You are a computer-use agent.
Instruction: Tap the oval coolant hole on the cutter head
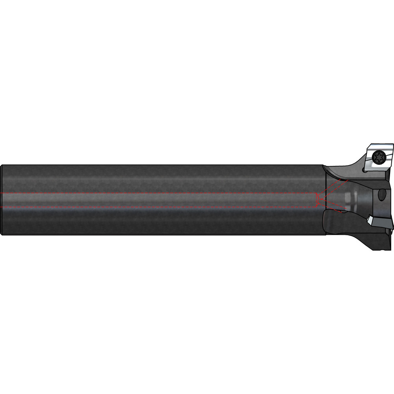coord(381,195)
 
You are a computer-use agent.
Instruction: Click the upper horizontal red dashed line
coord(158,193)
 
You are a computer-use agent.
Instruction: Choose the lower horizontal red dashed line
coord(158,207)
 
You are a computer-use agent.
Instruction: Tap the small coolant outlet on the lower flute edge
coord(341,212)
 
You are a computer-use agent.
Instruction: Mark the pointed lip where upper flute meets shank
coord(324,166)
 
